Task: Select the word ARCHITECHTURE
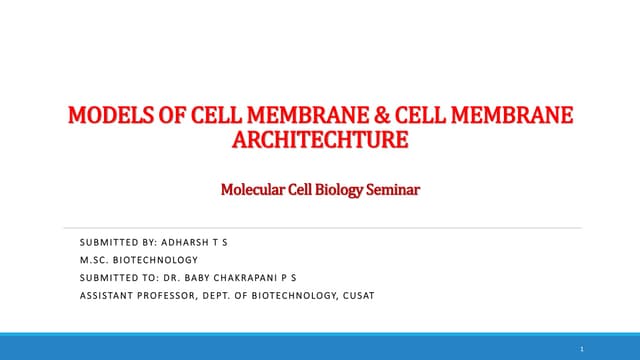pos(319,139)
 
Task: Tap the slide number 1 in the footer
pos(581,348)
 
